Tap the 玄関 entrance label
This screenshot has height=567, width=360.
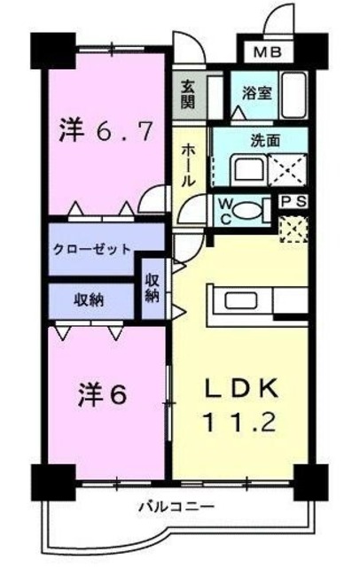coord(188,93)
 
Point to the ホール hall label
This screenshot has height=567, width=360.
coord(188,165)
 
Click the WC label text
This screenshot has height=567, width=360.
coord(225,210)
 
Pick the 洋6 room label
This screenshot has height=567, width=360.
coord(105,393)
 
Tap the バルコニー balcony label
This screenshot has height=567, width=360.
coord(175,507)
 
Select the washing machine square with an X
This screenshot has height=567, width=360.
coord(289,166)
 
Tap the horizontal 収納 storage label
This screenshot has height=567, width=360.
coord(89,299)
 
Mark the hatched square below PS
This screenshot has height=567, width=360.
coord(293,229)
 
